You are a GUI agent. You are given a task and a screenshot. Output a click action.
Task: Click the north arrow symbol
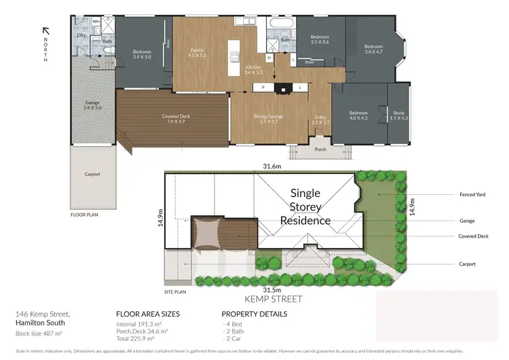pyautogui.click(x=45, y=30)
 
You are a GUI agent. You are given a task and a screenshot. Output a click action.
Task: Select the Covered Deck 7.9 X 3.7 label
pyautogui.click(x=176, y=119)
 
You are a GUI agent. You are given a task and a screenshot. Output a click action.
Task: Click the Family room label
pyautogui.click(x=197, y=53)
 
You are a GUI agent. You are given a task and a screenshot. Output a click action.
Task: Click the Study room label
pyautogui.click(x=400, y=115)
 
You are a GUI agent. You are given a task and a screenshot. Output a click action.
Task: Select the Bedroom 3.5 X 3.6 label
pyautogui.click(x=320, y=39)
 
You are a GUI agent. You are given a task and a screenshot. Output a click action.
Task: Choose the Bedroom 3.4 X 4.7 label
pyautogui.click(x=374, y=48)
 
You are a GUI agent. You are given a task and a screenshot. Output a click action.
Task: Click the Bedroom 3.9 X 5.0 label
pyautogui.click(x=143, y=54)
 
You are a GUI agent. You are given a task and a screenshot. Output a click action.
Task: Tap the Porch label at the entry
pyautogui.click(x=320, y=150)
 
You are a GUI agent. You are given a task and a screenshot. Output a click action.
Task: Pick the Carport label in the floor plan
pyautogui.click(x=92, y=175)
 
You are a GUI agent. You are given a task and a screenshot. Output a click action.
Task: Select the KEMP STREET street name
pyautogui.click(x=274, y=298)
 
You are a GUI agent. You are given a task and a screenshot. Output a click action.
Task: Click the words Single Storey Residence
pyautogui.click(x=305, y=206)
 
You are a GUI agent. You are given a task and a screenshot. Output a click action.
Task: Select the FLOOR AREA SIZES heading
pyautogui.click(x=148, y=314)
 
